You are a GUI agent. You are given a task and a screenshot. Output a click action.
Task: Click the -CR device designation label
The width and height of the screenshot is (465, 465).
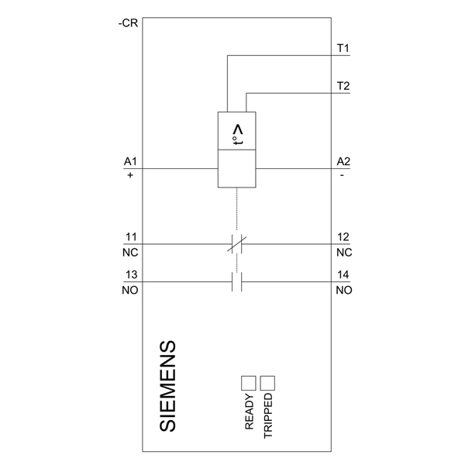(x=128, y=23)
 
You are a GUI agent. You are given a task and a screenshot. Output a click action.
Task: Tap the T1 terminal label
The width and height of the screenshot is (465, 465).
(x=343, y=48)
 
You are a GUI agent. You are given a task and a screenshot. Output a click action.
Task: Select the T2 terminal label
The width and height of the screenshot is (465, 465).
(x=343, y=86)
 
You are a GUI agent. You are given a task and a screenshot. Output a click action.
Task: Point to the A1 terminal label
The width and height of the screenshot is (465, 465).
(x=130, y=162)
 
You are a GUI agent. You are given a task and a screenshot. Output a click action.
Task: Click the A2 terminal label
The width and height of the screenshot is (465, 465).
(x=343, y=162)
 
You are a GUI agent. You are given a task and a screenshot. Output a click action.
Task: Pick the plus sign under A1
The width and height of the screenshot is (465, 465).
(x=130, y=175)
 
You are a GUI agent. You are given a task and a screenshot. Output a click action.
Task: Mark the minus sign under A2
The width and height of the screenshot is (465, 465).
(x=342, y=176)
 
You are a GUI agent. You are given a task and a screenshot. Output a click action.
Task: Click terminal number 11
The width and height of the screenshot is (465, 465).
(x=131, y=237)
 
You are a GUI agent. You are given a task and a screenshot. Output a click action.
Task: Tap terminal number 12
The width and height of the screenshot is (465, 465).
(x=343, y=237)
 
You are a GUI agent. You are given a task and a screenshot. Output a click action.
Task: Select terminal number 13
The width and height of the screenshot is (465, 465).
(x=131, y=274)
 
